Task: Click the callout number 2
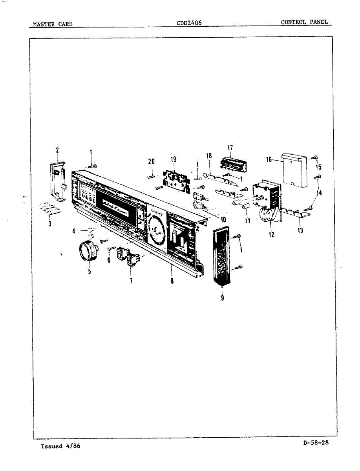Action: click(x=57, y=150)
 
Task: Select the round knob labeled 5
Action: click(x=88, y=250)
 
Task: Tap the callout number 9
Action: click(x=222, y=298)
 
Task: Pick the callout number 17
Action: click(x=230, y=148)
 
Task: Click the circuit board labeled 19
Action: click(x=175, y=179)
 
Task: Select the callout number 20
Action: click(x=152, y=161)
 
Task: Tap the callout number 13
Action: click(x=300, y=230)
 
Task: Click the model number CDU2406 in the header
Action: click(x=189, y=23)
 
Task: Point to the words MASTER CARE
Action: click(x=52, y=24)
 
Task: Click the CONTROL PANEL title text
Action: click(x=304, y=22)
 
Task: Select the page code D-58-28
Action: click(x=316, y=443)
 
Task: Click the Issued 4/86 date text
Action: click(x=60, y=446)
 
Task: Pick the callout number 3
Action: click(x=49, y=225)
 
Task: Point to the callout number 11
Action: click(x=247, y=221)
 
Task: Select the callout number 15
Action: click(x=318, y=168)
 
